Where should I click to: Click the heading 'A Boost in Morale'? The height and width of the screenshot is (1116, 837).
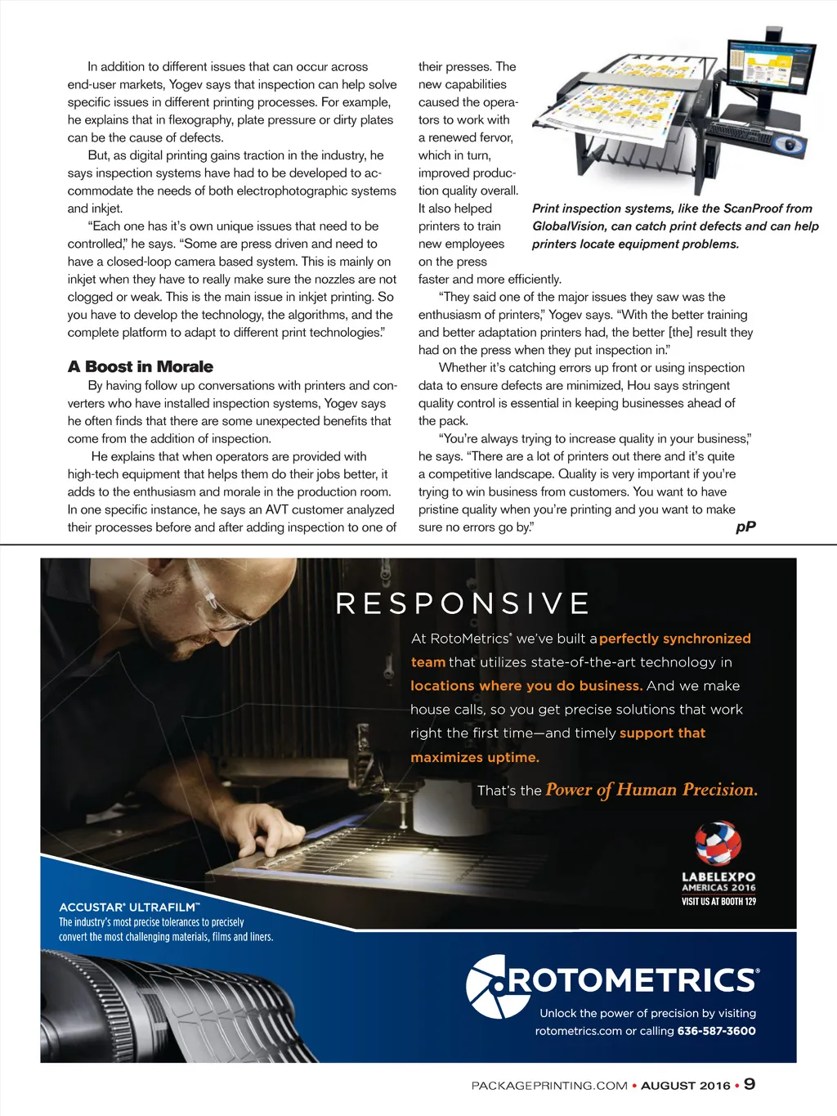pos(141,367)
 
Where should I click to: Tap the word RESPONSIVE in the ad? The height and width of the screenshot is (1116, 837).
pos(463,604)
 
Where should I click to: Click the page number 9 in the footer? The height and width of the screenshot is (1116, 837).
pos(750,1084)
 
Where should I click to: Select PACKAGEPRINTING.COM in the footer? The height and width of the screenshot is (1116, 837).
pos(549,1086)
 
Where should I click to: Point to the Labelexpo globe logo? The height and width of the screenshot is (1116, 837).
pos(718,843)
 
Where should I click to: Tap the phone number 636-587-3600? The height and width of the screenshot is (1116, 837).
pos(716,1031)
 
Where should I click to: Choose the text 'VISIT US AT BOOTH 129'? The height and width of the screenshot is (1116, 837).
pos(718,902)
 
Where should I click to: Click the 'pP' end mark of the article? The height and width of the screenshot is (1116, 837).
pos(745,527)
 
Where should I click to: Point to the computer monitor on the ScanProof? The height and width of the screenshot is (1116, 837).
pos(772,70)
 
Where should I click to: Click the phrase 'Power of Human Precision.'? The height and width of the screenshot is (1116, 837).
pos(651,790)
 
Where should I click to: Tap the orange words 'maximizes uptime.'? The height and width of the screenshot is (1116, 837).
pos(475,758)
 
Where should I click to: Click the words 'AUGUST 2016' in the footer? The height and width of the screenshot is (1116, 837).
pos(685,1086)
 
